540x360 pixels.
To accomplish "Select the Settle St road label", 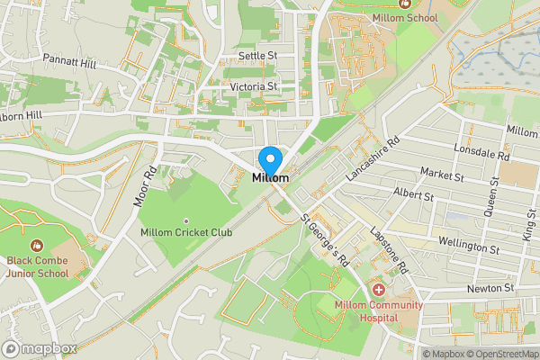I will [257, 56].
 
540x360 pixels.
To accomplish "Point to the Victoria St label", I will [254, 86].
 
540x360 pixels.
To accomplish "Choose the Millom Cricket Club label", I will [186, 232].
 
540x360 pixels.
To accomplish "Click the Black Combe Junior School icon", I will [37, 245].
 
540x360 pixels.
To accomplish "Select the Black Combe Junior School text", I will [39, 267].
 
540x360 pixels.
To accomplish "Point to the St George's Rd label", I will [324, 240].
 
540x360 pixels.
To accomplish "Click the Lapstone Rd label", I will [389, 249].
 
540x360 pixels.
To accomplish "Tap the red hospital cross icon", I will [378, 290].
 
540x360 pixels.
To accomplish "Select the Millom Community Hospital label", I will [378, 310].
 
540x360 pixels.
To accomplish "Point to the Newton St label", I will [490, 288].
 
